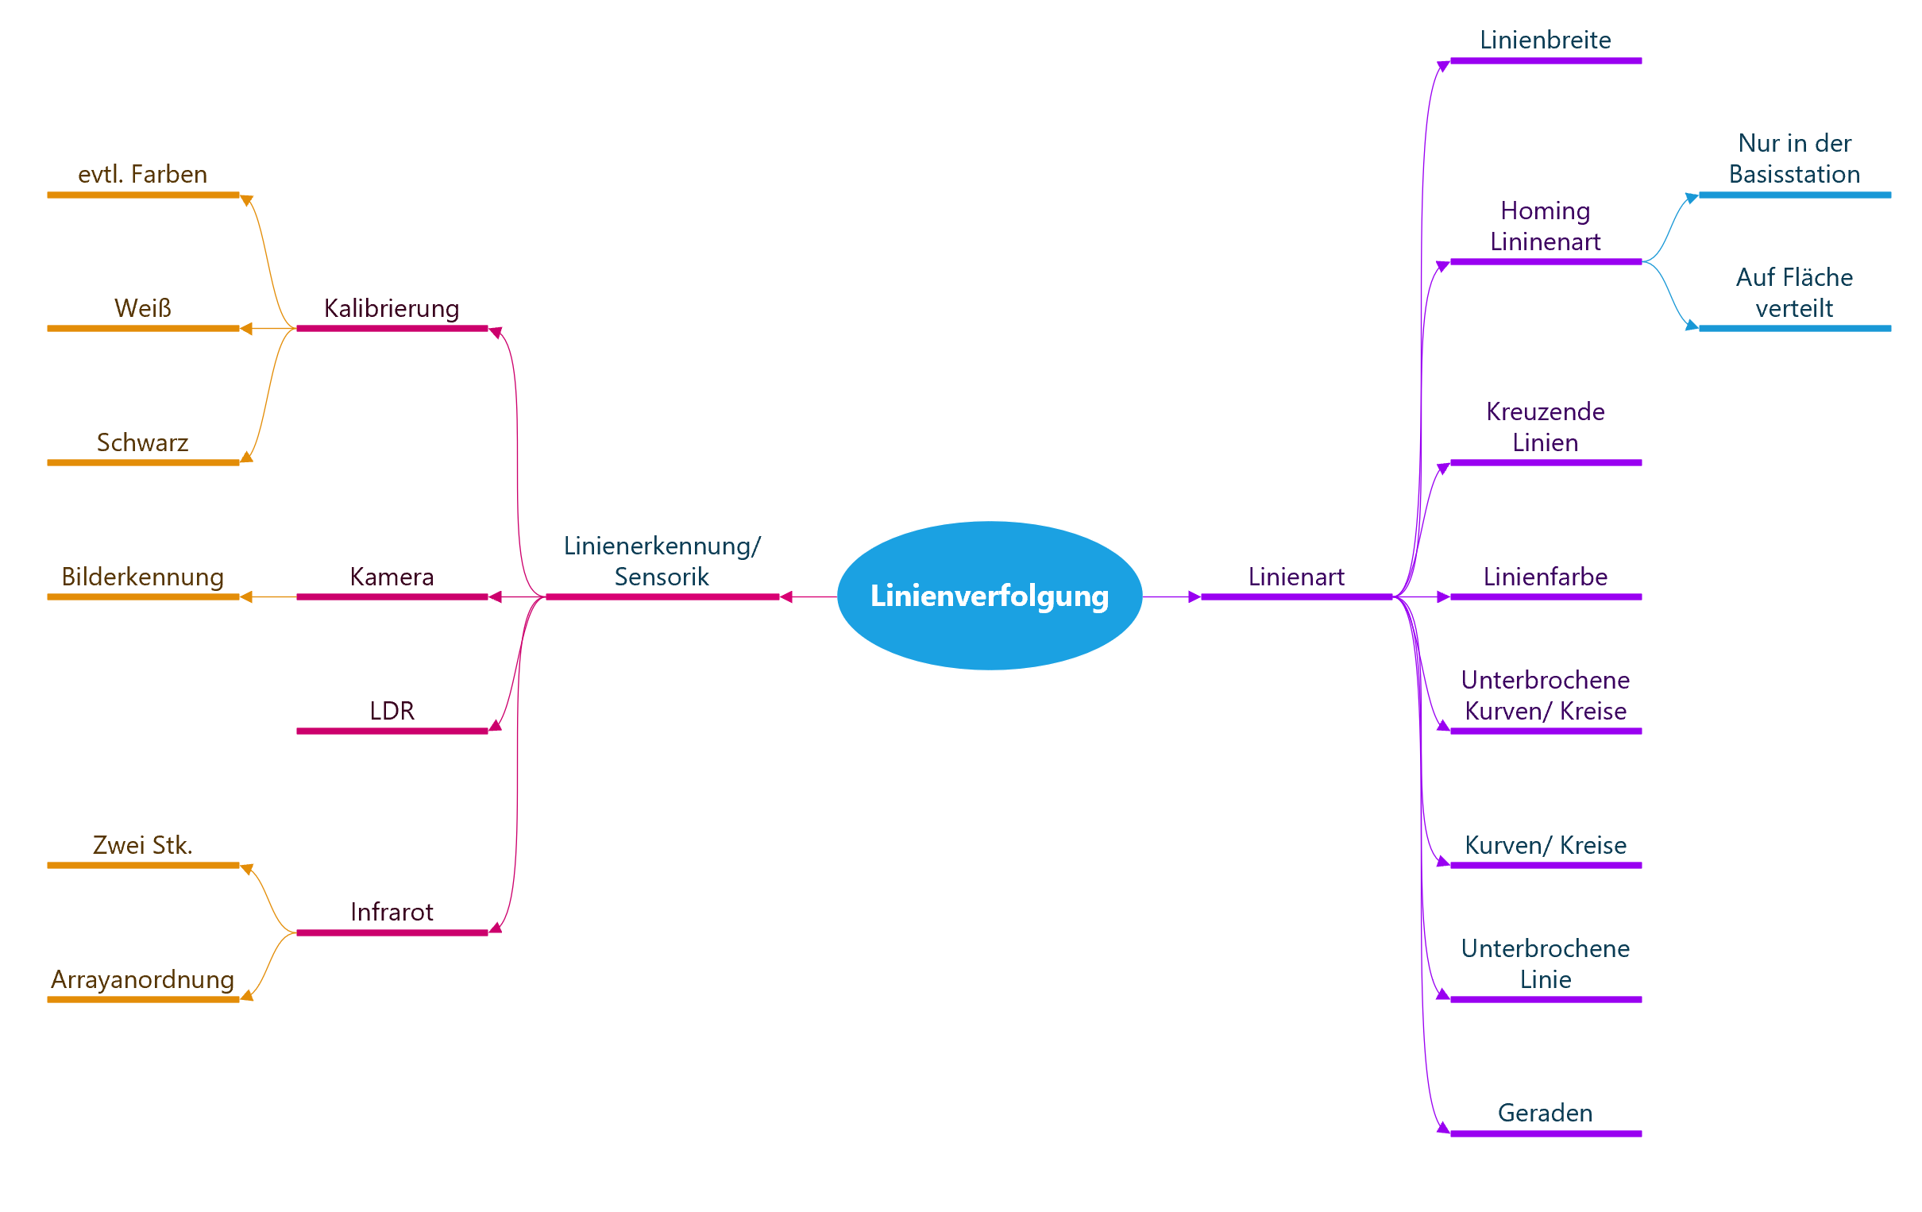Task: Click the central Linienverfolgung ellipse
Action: (989, 596)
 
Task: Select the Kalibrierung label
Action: (391, 308)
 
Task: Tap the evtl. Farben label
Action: (143, 174)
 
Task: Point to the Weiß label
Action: (143, 308)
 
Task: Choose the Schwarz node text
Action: (143, 442)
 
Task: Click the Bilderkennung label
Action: (143, 577)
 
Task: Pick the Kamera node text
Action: (391, 577)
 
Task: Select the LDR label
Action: (391, 711)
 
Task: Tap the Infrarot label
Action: (391, 912)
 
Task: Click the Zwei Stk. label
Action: (143, 845)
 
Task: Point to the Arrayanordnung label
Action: (143, 978)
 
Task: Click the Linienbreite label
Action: (1546, 40)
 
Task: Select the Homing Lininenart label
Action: (1546, 226)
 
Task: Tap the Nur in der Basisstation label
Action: (1794, 159)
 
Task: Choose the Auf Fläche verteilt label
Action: (1794, 293)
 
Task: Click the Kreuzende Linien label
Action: (1546, 427)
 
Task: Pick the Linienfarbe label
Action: (1546, 577)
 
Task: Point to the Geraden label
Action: (1546, 1113)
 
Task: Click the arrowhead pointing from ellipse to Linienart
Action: (1194, 596)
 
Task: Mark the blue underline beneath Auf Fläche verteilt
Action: (1794, 328)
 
